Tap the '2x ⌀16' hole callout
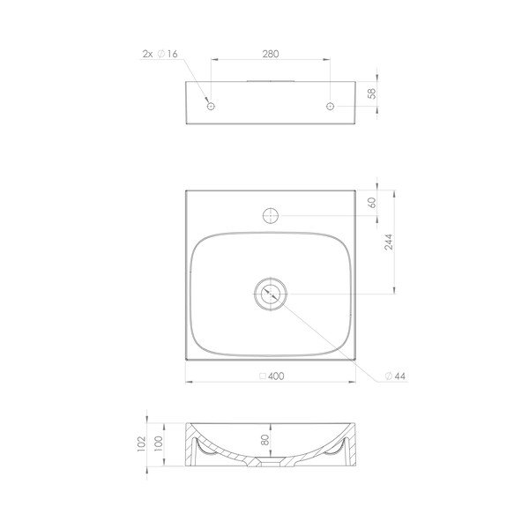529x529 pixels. [x=160, y=55]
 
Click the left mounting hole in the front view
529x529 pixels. [x=210, y=107]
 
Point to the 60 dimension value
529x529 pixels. [x=373, y=201]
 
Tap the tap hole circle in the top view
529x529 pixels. [x=271, y=214]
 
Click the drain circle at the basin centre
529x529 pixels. [x=271, y=294]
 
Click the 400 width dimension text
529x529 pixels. [x=277, y=376]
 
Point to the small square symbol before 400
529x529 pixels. [x=262, y=376]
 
